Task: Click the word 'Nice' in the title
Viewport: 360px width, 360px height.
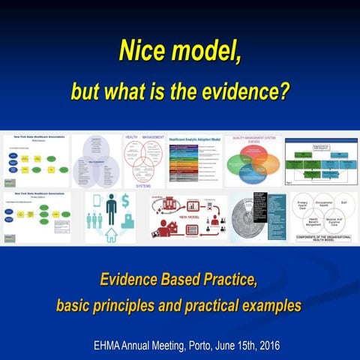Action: coord(144,52)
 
